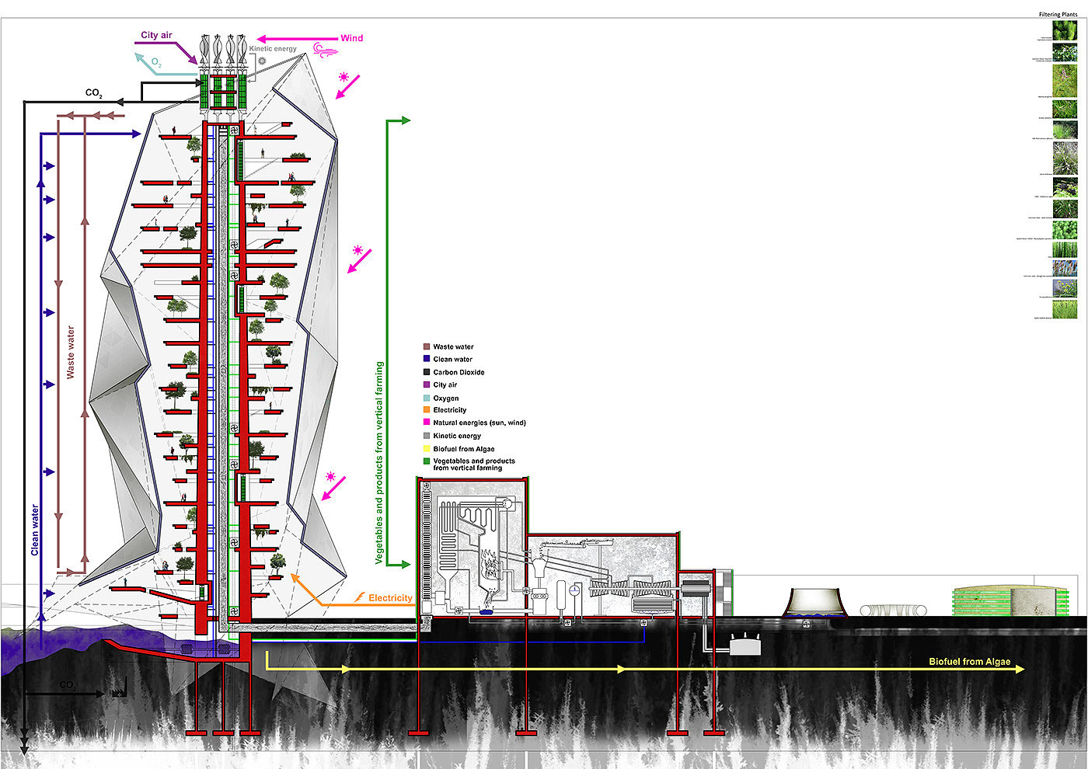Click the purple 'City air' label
pos(156,36)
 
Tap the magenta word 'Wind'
pos(351,38)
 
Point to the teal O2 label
pos(157,62)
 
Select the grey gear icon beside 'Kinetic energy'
pos(262,61)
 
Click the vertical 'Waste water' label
pos(71,352)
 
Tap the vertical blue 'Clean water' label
pos(35,530)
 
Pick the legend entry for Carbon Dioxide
pos(459,372)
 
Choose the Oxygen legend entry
pos(445,398)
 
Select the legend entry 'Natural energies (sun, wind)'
pos(479,423)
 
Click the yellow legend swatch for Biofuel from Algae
pos(427,449)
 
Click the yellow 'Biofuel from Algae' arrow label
pos(969,662)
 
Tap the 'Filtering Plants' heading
pos(1058,15)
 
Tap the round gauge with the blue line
pos(574,590)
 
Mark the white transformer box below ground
pos(745,644)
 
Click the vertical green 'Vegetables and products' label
pos(379,462)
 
